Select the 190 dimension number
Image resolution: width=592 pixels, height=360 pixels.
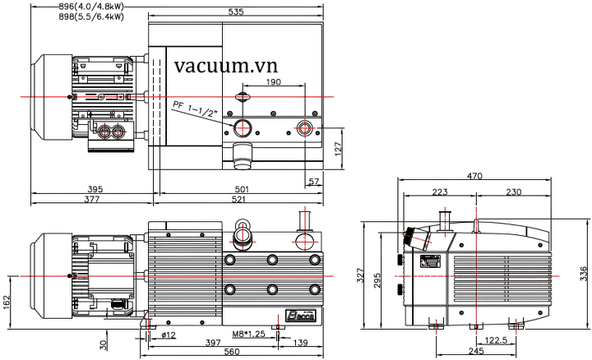[274, 83]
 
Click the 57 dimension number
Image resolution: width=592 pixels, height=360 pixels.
[313, 180]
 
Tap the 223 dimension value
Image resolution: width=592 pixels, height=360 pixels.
[441, 192]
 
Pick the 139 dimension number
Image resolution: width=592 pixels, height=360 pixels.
[300, 342]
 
